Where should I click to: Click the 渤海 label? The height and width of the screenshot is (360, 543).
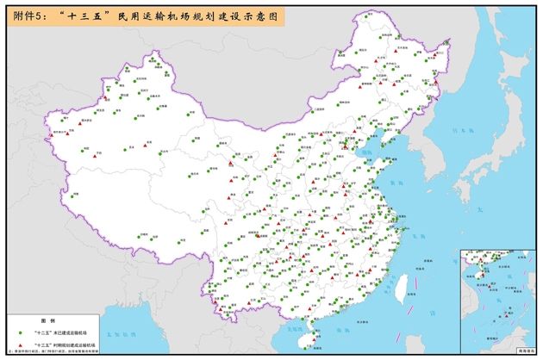coord(368,152)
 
